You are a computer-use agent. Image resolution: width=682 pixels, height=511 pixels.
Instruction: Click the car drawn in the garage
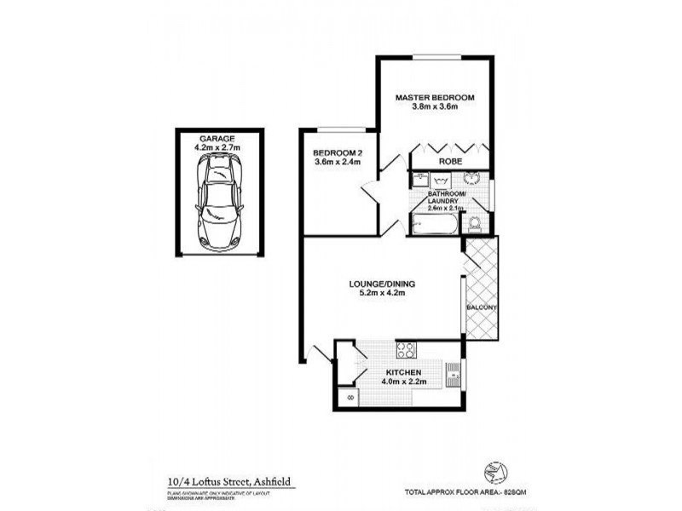(x=217, y=202)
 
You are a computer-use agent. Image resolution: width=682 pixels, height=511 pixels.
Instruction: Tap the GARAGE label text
(x=217, y=137)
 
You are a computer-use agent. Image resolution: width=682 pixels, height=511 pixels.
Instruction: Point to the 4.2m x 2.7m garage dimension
(x=217, y=146)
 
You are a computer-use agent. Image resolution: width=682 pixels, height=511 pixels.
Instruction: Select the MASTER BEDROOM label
(x=434, y=97)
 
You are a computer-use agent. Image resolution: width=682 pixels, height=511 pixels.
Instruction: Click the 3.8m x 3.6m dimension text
(x=434, y=107)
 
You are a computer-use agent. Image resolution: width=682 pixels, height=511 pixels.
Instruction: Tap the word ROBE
(x=450, y=160)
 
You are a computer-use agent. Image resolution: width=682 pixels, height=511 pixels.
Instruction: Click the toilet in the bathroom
(x=474, y=223)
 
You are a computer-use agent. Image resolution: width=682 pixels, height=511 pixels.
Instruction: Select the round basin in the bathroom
(x=471, y=179)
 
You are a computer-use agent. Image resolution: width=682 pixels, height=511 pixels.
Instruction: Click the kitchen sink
(x=454, y=371)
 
